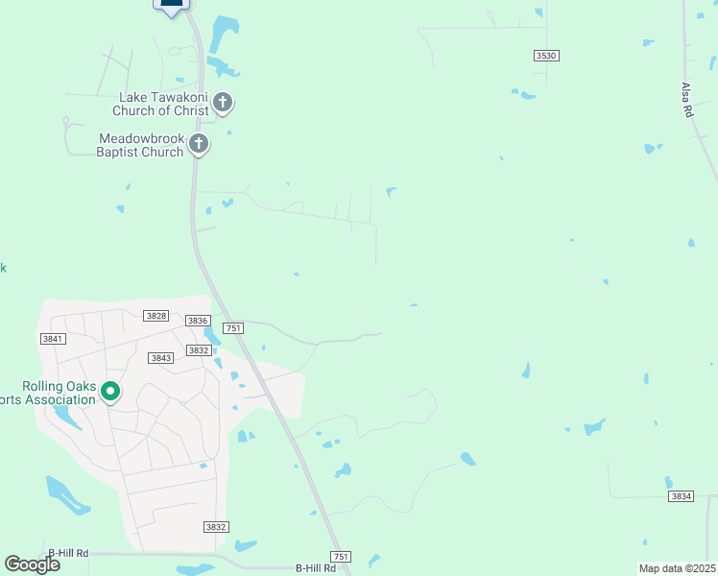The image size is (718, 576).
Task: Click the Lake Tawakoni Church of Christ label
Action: point(163,104)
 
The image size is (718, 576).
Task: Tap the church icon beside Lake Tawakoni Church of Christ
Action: point(223,102)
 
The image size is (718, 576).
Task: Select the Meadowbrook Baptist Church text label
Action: point(141,146)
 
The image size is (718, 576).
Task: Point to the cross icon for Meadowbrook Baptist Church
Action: point(199,145)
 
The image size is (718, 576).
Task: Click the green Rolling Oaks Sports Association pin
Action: point(110,391)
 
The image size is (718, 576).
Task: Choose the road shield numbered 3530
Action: point(546,56)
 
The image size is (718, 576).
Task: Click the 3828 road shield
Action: point(156,316)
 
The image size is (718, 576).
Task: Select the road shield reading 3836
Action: point(198,321)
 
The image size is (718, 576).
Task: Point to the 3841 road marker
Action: point(53,339)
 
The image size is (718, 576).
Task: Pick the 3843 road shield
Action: point(161,358)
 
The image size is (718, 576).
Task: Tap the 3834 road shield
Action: point(681,496)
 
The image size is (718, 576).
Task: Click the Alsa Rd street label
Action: point(687,99)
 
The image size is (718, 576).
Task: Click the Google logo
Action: point(32,564)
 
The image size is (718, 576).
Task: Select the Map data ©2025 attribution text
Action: point(677,568)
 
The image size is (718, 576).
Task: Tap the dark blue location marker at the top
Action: point(171,6)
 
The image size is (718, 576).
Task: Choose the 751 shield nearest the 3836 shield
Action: point(232,328)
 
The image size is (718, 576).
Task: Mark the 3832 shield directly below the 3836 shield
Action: point(199,350)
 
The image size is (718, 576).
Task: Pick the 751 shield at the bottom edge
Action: point(340,557)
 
